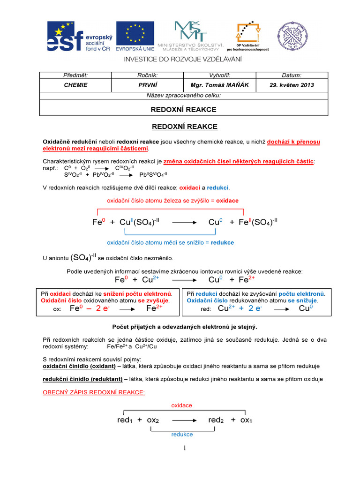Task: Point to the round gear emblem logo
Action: click(x=293, y=37)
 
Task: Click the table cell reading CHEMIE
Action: click(x=75, y=85)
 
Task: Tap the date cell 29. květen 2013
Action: click(x=292, y=85)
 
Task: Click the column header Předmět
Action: click(x=75, y=75)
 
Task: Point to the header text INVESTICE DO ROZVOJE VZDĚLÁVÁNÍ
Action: click(x=182, y=59)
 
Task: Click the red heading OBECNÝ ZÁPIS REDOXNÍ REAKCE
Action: click(x=94, y=393)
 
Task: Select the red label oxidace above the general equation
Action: click(x=181, y=405)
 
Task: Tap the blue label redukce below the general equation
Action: click(x=182, y=435)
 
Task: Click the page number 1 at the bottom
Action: click(x=185, y=449)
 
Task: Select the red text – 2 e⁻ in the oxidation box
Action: click(x=100, y=308)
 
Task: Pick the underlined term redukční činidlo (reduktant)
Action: click(x=83, y=379)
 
